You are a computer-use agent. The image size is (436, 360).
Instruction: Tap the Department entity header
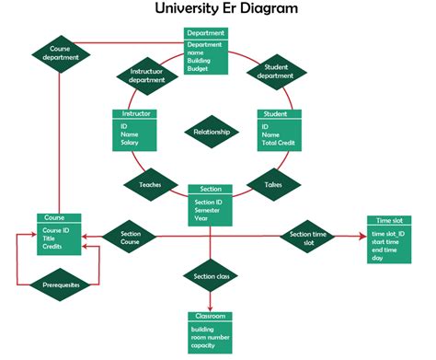click(206, 32)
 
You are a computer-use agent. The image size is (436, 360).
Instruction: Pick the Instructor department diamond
click(147, 75)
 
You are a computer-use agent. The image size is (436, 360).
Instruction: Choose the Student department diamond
click(275, 71)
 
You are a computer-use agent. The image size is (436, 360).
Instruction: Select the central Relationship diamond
click(212, 132)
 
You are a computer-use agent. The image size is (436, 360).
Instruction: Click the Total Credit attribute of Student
click(281, 144)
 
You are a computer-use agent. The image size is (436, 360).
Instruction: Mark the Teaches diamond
click(150, 184)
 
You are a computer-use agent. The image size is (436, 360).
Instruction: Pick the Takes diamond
click(273, 184)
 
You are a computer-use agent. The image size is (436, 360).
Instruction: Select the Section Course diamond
click(131, 238)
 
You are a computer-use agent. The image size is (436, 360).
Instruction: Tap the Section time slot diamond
click(308, 238)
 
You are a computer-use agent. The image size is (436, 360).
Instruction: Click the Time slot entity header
click(390, 221)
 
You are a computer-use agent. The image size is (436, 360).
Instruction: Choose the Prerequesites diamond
click(61, 285)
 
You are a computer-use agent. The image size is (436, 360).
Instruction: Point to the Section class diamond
click(212, 276)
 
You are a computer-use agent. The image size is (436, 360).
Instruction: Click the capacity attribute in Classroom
click(202, 345)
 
